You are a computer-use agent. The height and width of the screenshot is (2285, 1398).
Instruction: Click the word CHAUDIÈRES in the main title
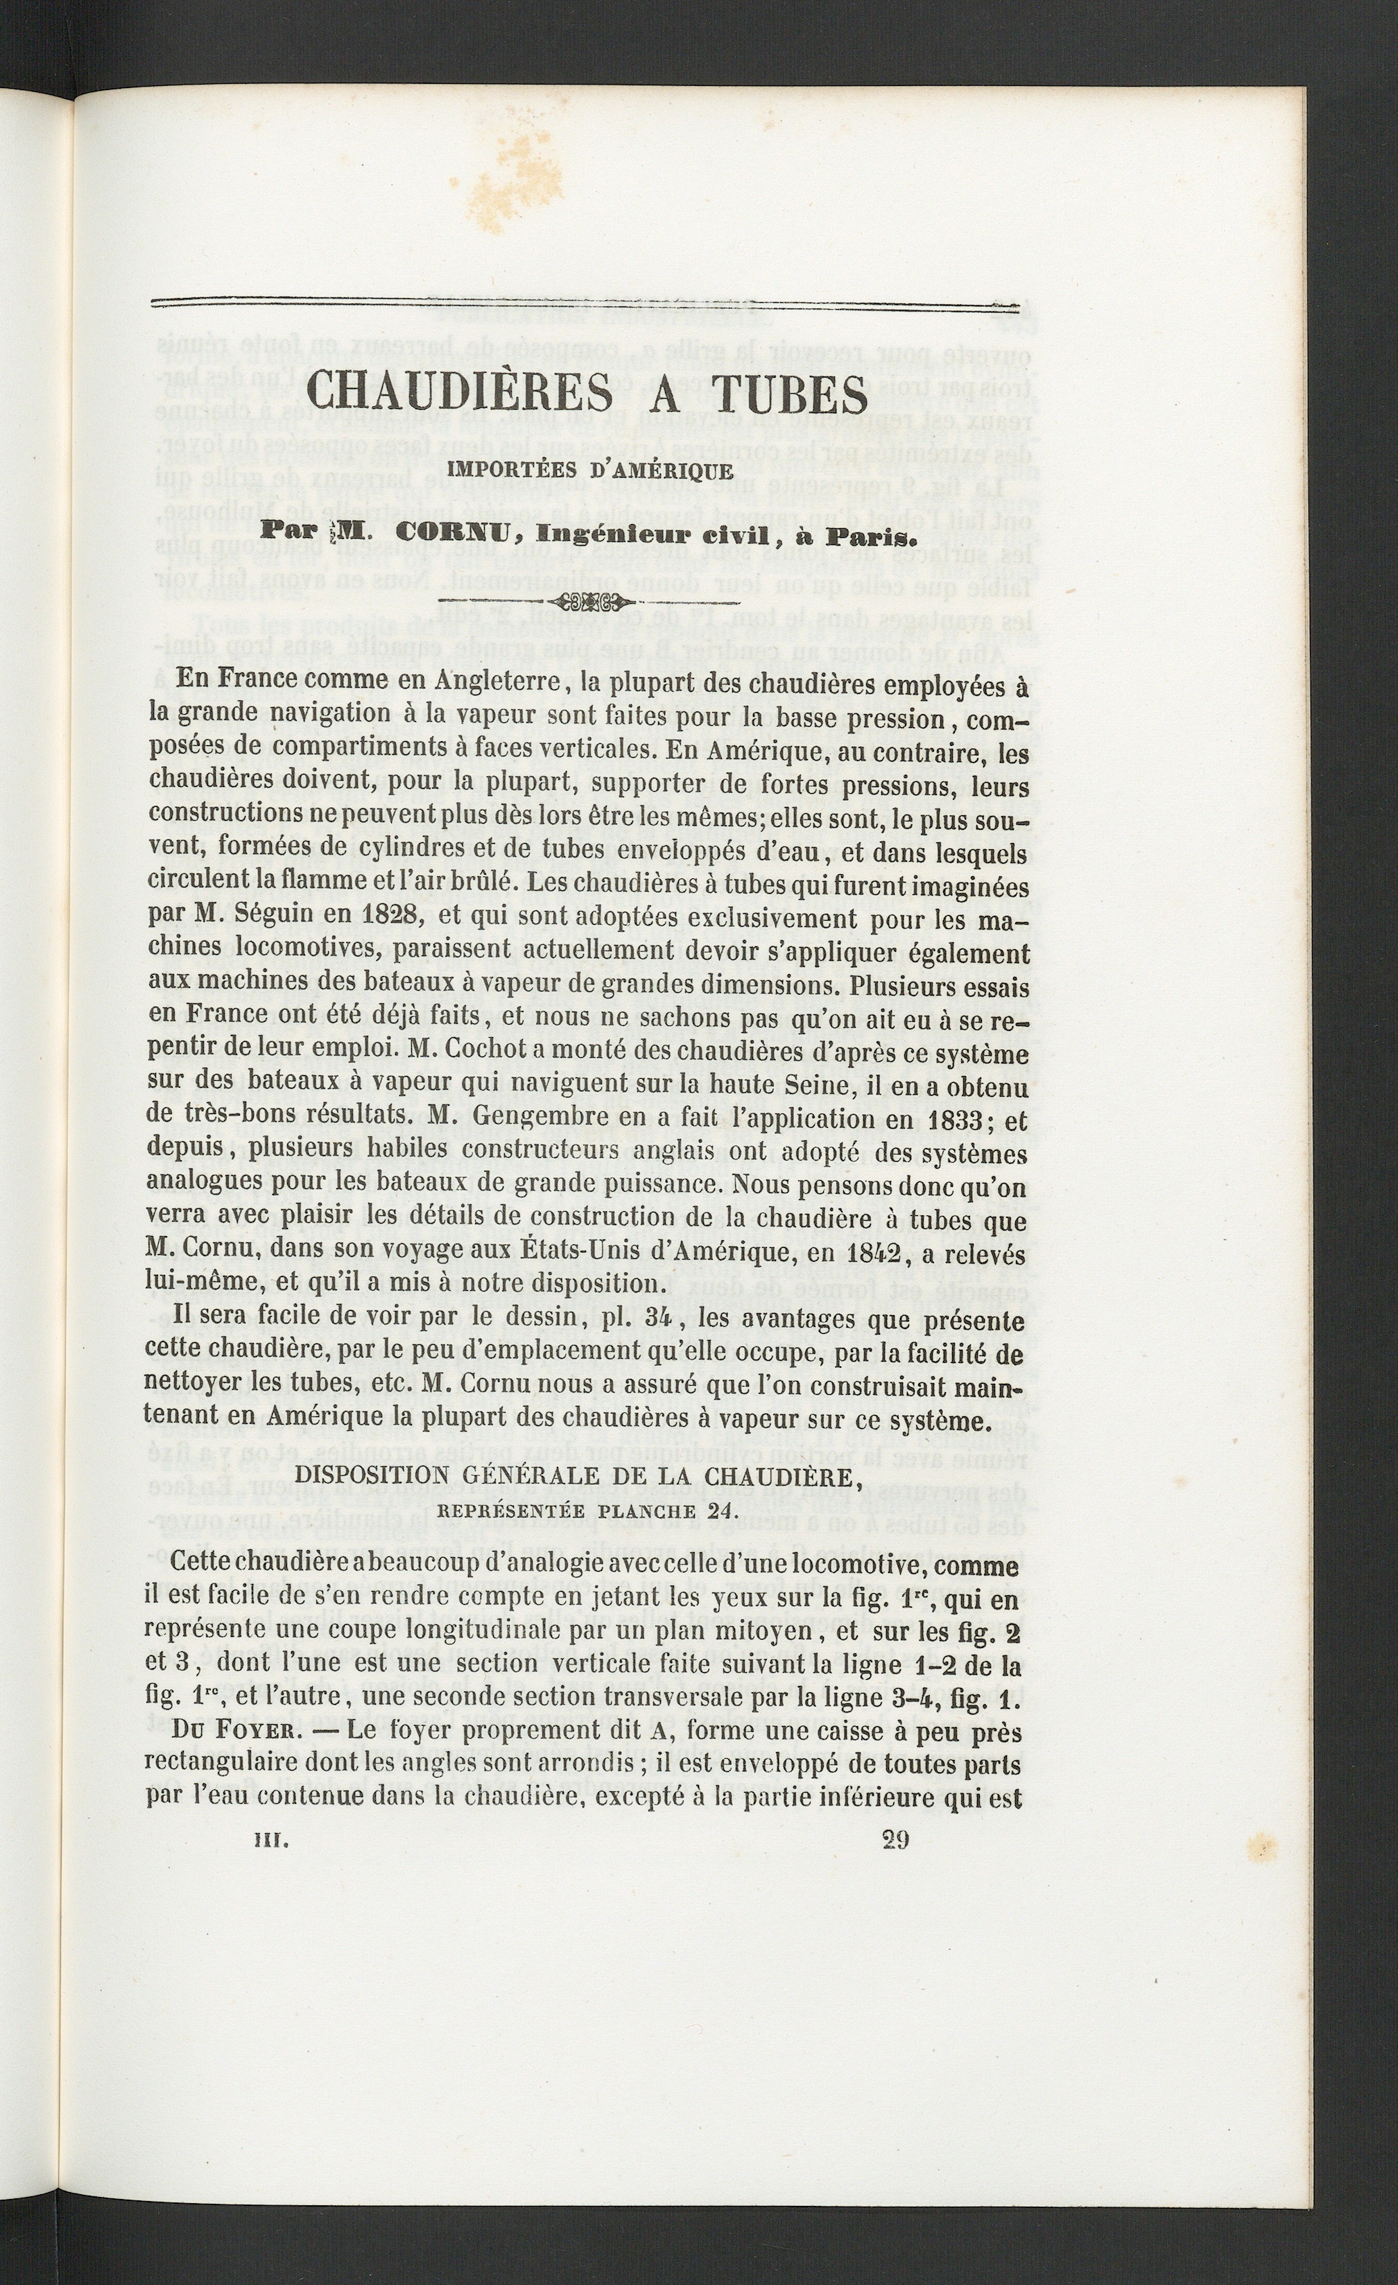[459, 394]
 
